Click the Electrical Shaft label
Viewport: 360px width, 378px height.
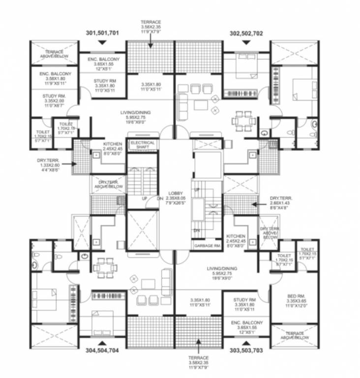click(x=142, y=145)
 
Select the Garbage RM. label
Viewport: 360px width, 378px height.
click(x=207, y=246)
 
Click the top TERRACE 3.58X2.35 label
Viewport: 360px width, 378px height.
click(x=150, y=28)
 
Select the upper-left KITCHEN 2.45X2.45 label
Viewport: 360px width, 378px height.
click(x=113, y=149)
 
